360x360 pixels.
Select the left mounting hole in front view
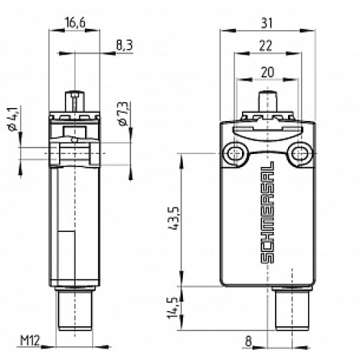click(x=235, y=152)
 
